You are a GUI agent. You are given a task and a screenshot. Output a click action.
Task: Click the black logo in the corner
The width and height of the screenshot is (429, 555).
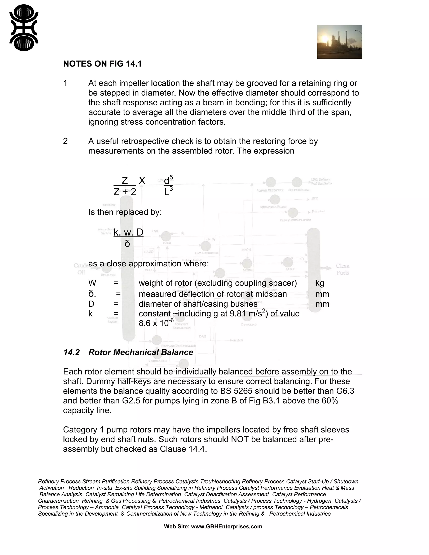click(24, 28)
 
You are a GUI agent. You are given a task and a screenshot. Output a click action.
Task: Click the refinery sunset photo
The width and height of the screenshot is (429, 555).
click(339, 42)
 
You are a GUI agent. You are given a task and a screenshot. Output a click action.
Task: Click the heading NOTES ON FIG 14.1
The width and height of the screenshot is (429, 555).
click(102, 64)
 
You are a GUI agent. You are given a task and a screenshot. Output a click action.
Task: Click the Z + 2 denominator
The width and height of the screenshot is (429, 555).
click(125, 192)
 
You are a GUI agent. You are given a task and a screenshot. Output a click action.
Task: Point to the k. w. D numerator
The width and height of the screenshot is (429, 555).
click(128, 232)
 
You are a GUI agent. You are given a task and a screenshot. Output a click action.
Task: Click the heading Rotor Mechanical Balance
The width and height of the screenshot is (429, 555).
click(141, 352)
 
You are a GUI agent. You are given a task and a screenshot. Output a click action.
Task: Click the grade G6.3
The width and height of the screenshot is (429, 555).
click(343, 391)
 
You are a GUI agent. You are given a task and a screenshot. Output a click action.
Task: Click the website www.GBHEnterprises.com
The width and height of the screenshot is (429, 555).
click(226, 527)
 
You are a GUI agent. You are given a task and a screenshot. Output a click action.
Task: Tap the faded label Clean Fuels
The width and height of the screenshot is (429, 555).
click(342, 269)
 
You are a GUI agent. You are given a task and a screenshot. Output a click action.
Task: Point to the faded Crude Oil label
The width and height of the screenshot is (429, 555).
click(81, 269)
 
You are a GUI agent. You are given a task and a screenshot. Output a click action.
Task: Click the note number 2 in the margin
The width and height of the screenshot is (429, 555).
click(65, 141)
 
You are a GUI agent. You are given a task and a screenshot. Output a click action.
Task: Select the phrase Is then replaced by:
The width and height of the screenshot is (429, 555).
click(125, 212)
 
